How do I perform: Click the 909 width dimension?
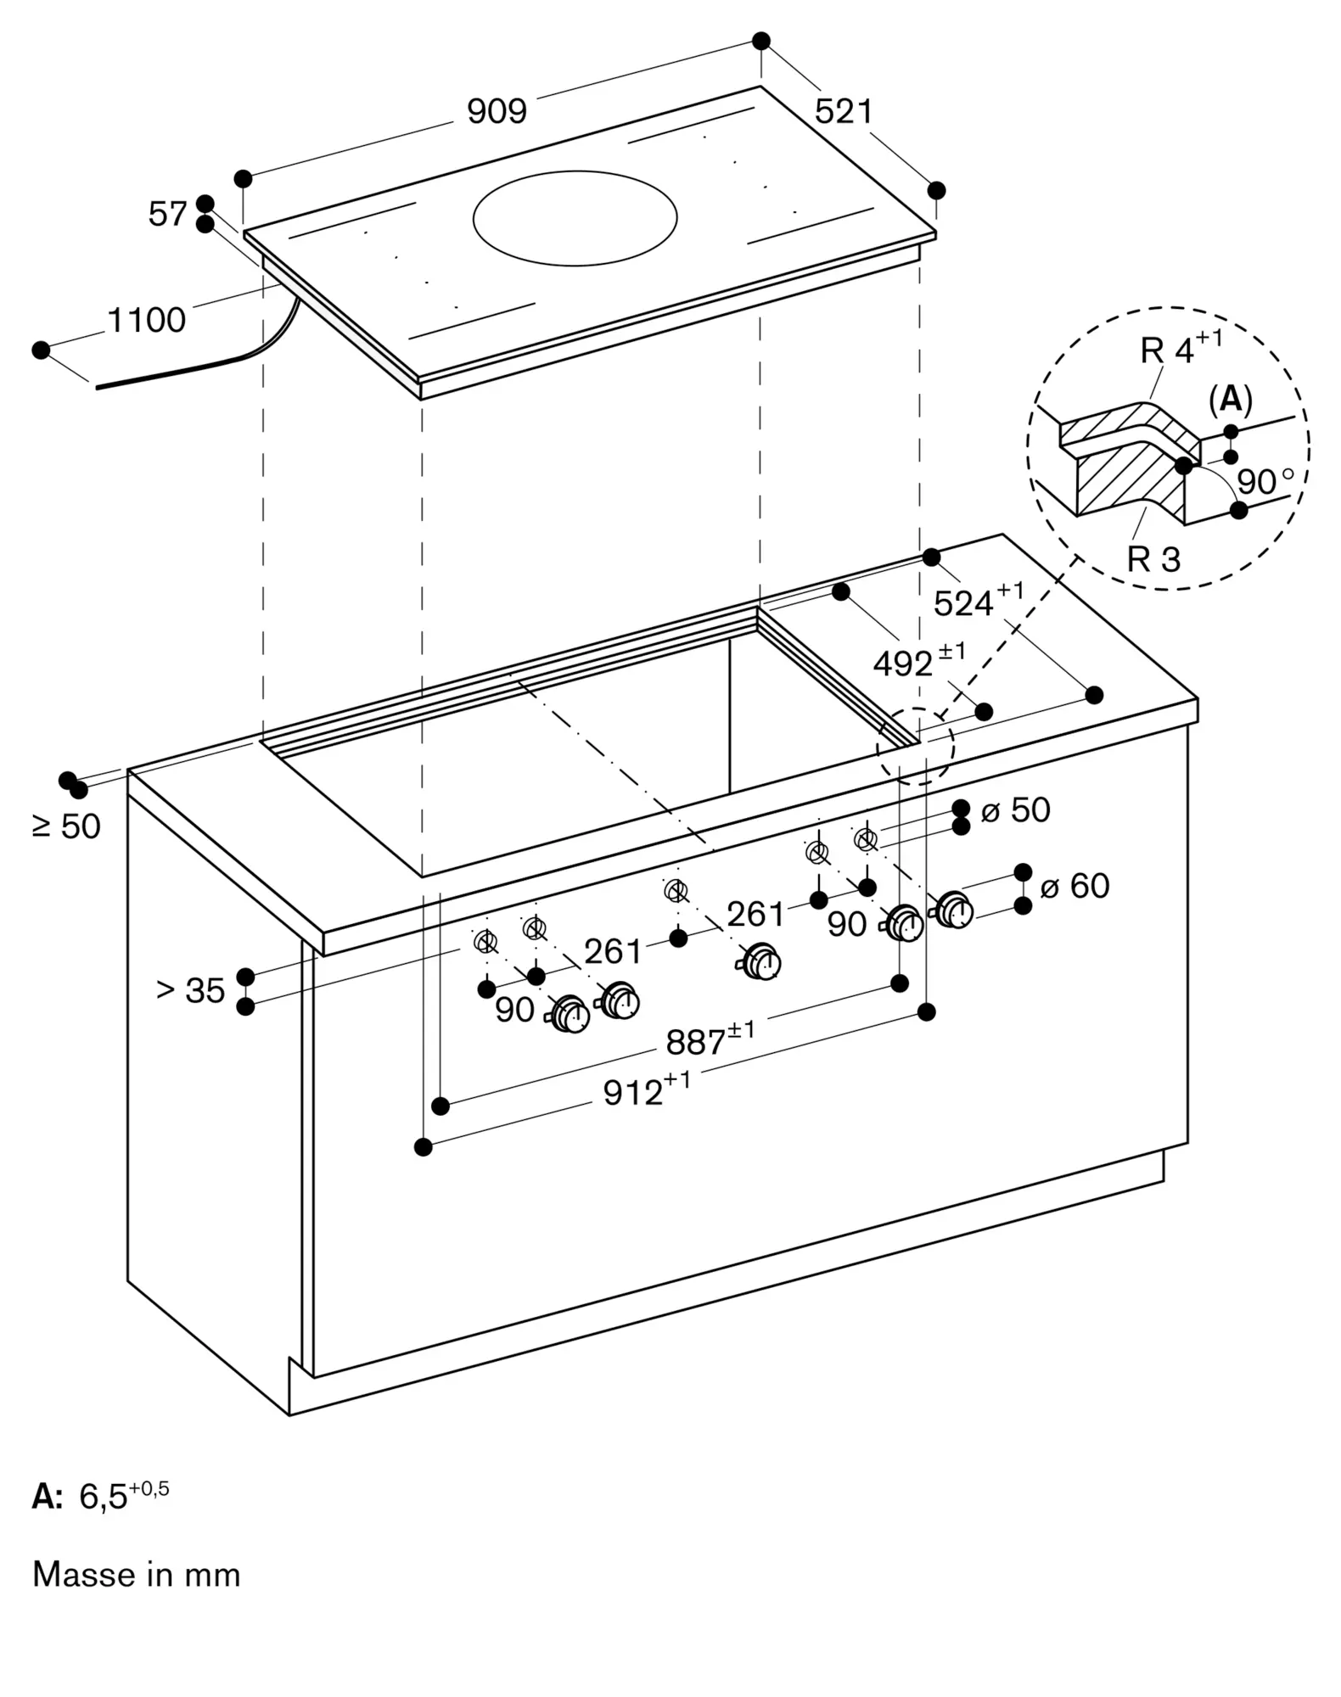497,111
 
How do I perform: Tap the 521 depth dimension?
844,111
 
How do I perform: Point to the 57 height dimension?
167,214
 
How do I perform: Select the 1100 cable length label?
146,321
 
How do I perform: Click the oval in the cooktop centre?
575,217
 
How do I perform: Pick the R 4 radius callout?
1181,348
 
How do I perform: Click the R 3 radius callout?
1153,559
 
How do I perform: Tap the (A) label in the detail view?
1230,399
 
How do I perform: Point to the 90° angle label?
1265,481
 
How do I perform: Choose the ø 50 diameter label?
1015,810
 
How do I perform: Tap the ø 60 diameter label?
1074,886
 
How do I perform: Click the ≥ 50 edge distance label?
66,826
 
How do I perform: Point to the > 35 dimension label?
191,990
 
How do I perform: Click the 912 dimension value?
646,1091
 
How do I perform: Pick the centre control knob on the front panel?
762,961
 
